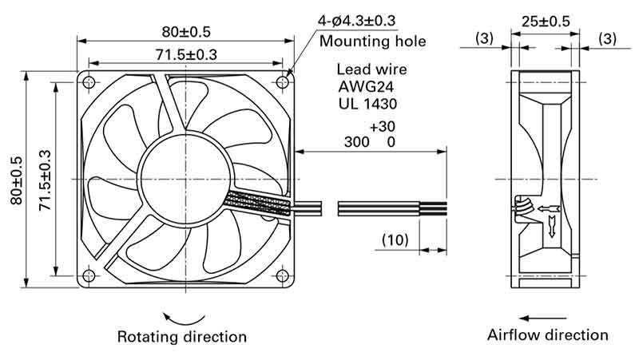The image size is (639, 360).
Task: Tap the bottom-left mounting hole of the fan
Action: coord(89,277)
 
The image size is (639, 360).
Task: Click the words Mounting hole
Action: coord(372,42)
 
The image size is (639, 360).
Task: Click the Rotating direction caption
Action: coord(181,336)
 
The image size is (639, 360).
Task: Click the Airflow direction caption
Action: coord(548,335)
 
